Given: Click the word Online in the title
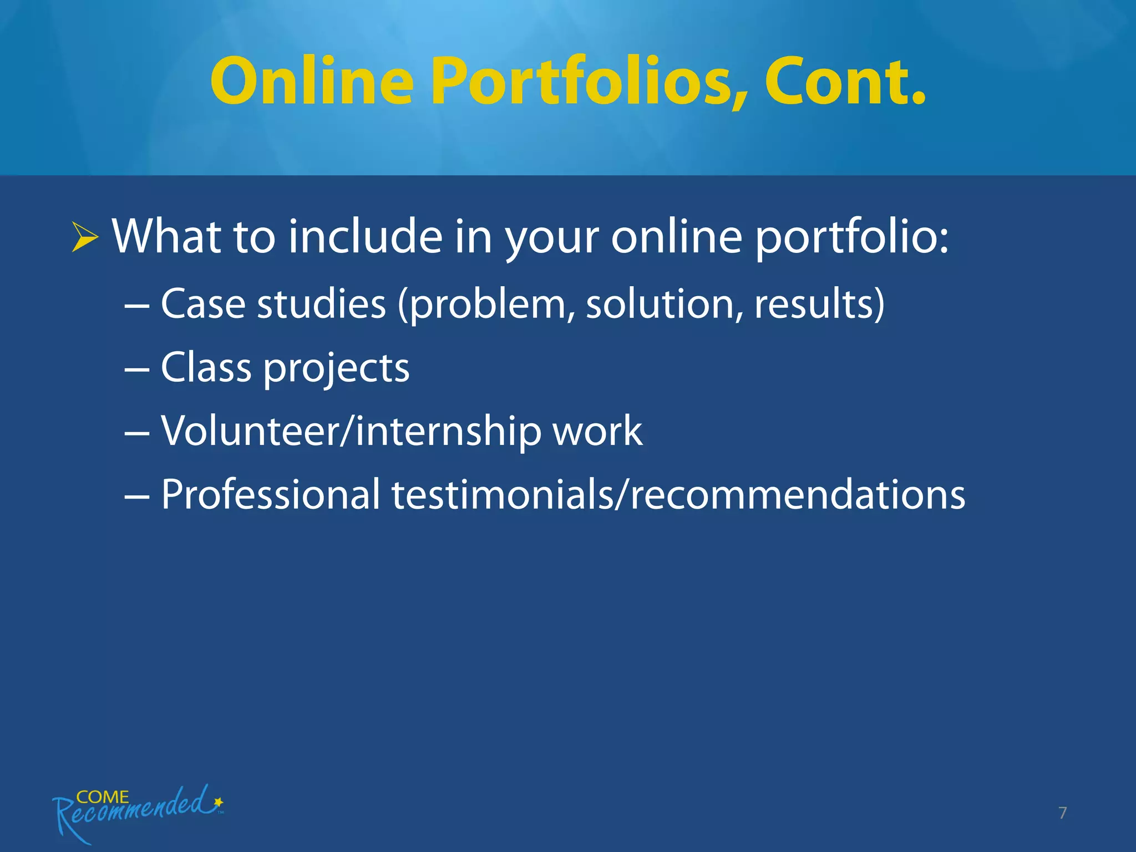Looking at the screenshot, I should (x=312, y=81).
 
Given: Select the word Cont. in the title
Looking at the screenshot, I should (x=845, y=81).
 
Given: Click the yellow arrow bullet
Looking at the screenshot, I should (x=85, y=237).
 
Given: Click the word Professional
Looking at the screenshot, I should (x=270, y=494).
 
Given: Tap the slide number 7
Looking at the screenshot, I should (x=1062, y=813).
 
